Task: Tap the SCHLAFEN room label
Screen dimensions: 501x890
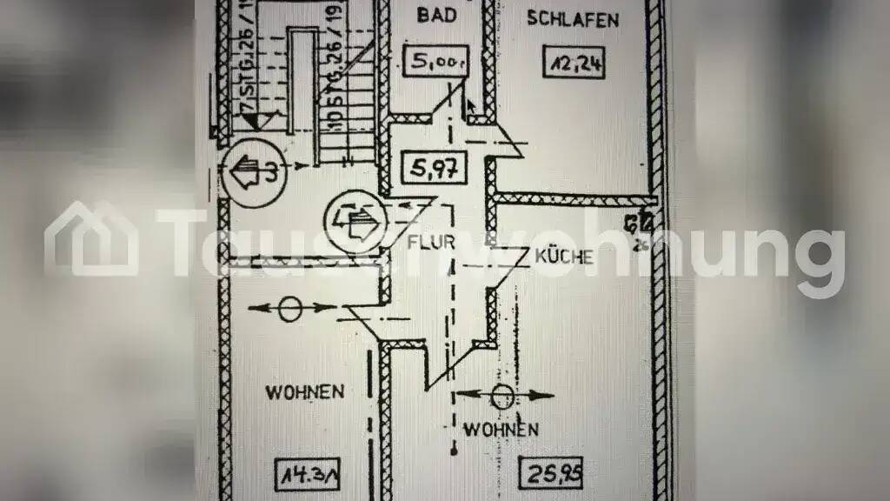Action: click(573, 19)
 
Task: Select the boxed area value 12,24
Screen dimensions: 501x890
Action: click(575, 63)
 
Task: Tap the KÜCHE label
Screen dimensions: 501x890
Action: click(563, 257)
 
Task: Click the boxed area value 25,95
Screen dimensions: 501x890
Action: click(551, 476)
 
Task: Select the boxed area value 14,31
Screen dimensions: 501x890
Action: click(306, 476)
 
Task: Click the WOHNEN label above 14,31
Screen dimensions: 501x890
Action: click(305, 391)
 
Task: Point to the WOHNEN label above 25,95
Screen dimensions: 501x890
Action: click(500, 430)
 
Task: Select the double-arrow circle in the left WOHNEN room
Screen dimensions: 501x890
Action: click(291, 308)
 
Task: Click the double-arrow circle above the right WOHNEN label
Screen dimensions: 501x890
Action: click(502, 396)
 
